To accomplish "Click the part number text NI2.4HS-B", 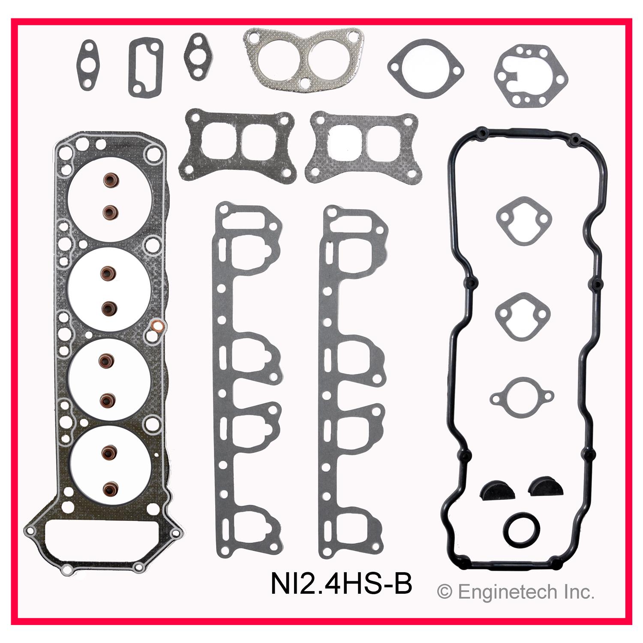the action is pos(341,585).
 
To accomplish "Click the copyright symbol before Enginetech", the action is pos(445,592).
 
